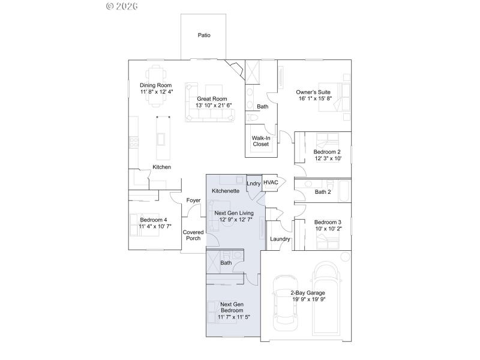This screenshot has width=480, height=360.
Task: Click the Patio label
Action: (204, 35)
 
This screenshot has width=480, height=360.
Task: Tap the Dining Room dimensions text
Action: (157, 92)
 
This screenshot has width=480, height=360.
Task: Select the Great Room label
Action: (212, 98)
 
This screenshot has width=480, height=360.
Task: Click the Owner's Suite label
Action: (313, 92)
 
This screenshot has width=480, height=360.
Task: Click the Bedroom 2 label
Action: (327, 152)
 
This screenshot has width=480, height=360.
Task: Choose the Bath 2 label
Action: (323, 192)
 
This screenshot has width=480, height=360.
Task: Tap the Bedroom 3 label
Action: (327, 221)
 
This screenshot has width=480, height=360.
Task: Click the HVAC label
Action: (271, 182)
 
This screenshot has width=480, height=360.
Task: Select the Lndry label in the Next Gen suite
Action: (253, 183)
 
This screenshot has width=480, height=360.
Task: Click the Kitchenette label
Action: (226, 191)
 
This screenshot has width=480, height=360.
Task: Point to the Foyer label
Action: (193, 200)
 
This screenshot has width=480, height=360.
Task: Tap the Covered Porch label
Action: (193, 235)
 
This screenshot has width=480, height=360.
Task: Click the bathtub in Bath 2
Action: (344, 192)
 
